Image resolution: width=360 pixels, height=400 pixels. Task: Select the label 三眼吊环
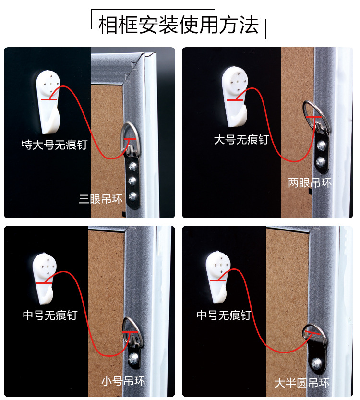click(101, 198)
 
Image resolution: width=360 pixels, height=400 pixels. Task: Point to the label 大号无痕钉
click(241, 140)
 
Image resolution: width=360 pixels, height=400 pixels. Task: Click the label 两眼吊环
click(310, 183)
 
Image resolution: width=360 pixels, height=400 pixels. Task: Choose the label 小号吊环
click(123, 381)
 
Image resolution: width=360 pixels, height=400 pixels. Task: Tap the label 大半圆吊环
click(302, 383)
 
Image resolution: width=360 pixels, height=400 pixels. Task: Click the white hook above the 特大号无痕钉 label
click(48, 102)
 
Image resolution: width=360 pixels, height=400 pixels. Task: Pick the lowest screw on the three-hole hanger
click(133, 196)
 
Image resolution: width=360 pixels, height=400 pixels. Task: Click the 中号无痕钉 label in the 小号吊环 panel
click(50, 315)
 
